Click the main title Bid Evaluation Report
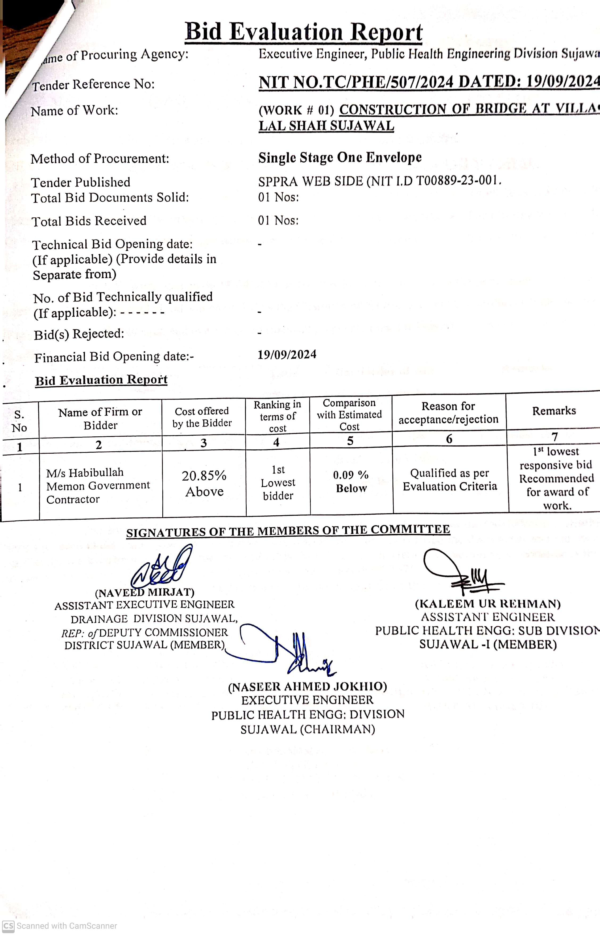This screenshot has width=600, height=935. tap(304, 32)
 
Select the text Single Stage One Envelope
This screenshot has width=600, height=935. tap(340, 158)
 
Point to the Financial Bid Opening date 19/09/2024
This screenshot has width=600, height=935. tap(287, 354)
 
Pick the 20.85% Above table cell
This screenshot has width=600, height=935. tap(204, 483)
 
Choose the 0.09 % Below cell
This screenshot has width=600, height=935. tap(351, 482)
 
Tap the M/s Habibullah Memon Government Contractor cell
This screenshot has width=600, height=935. tap(97, 486)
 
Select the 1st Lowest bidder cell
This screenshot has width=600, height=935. tap(278, 483)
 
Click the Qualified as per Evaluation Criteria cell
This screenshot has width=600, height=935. tap(450, 479)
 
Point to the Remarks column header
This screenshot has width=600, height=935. tap(554, 411)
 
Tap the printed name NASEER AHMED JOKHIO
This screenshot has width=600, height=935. tap(307, 686)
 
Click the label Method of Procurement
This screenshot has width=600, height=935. tap(100, 159)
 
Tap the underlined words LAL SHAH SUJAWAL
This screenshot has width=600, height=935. tap(326, 126)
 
